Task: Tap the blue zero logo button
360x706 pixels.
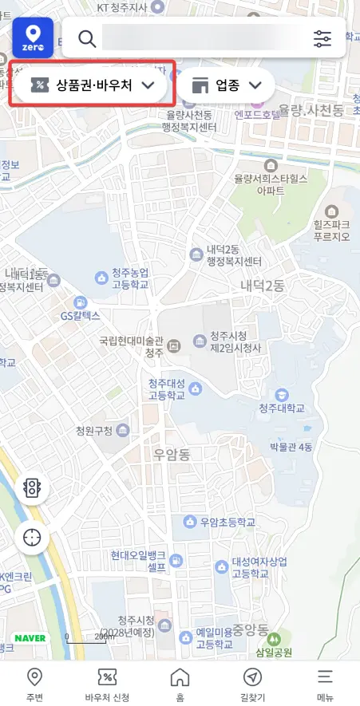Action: [33, 37]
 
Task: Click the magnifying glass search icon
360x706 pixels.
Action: [86, 38]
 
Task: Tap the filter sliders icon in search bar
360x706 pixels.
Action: [322, 38]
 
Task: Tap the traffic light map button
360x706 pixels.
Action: [32, 488]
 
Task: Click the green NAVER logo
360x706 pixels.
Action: [30, 638]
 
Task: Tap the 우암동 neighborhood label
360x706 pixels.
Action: [172, 456]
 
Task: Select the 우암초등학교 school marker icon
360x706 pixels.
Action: [190, 523]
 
